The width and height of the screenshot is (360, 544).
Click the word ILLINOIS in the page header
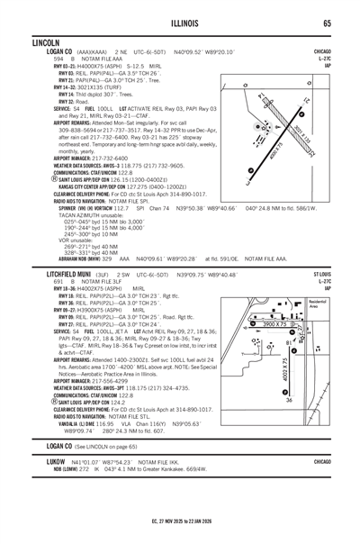pyautogui.click(x=180, y=23)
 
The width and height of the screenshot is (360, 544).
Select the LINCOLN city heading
pyautogui.click(x=44, y=42)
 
